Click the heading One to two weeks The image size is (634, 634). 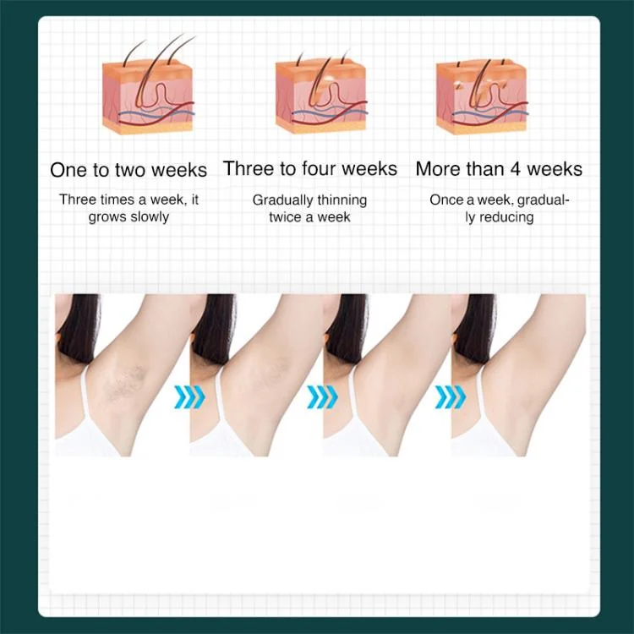point(128,170)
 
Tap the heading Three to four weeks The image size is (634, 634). point(310,168)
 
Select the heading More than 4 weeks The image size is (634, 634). point(499,168)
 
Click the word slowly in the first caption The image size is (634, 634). point(150,217)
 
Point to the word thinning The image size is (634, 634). point(342,200)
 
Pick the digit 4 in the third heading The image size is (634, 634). point(515,169)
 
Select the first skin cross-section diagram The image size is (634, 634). point(148,84)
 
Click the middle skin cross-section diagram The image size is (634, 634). point(321,91)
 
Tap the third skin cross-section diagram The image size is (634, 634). point(482,96)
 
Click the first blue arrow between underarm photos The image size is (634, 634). point(189,396)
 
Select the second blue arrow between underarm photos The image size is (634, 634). point(322,396)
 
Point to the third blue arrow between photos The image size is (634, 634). point(451,396)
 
